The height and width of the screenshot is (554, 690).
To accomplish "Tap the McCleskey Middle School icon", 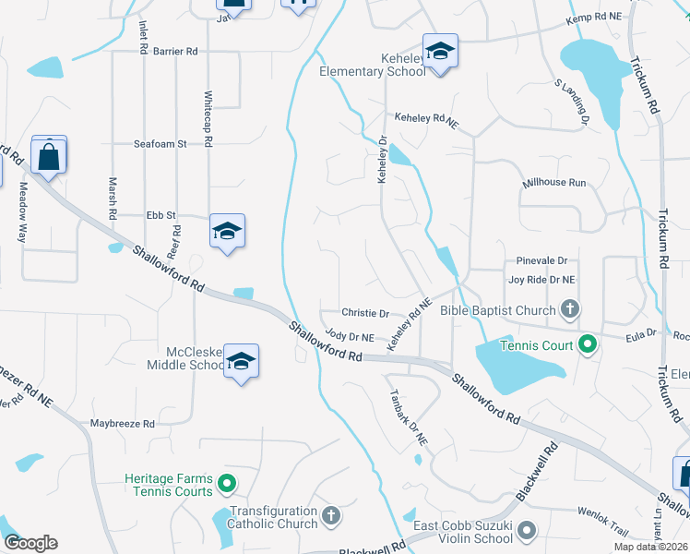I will [241, 361].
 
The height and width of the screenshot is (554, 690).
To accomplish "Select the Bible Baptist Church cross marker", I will [571, 310].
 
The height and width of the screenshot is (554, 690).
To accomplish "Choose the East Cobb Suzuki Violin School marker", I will [527, 531].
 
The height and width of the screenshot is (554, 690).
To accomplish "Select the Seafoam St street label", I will [161, 144].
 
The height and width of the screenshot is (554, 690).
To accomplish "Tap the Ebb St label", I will [161, 215].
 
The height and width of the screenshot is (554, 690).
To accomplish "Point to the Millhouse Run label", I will [553, 183].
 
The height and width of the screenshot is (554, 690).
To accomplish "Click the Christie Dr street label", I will [365, 314].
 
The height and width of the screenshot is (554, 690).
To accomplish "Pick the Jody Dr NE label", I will [350, 338].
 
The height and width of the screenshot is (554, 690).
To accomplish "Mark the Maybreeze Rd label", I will [123, 424].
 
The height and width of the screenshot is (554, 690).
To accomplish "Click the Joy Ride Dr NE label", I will [541, 279].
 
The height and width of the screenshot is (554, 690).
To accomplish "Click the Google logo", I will [30, 543].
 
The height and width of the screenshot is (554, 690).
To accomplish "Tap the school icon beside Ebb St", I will [226, 232].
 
